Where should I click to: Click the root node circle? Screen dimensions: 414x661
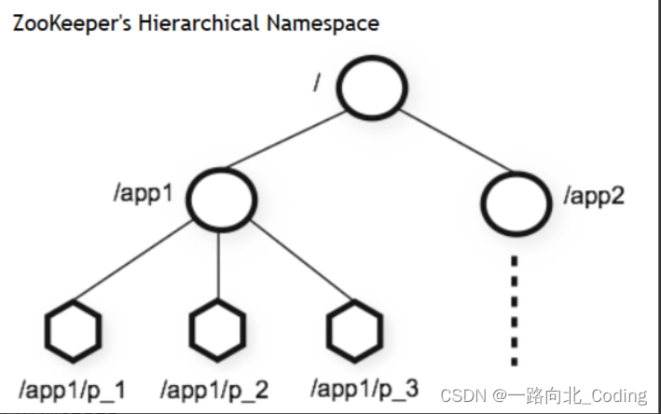[371, 87]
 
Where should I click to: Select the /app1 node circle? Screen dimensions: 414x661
[220, 197]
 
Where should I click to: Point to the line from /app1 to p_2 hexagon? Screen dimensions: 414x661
[218, 266]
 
